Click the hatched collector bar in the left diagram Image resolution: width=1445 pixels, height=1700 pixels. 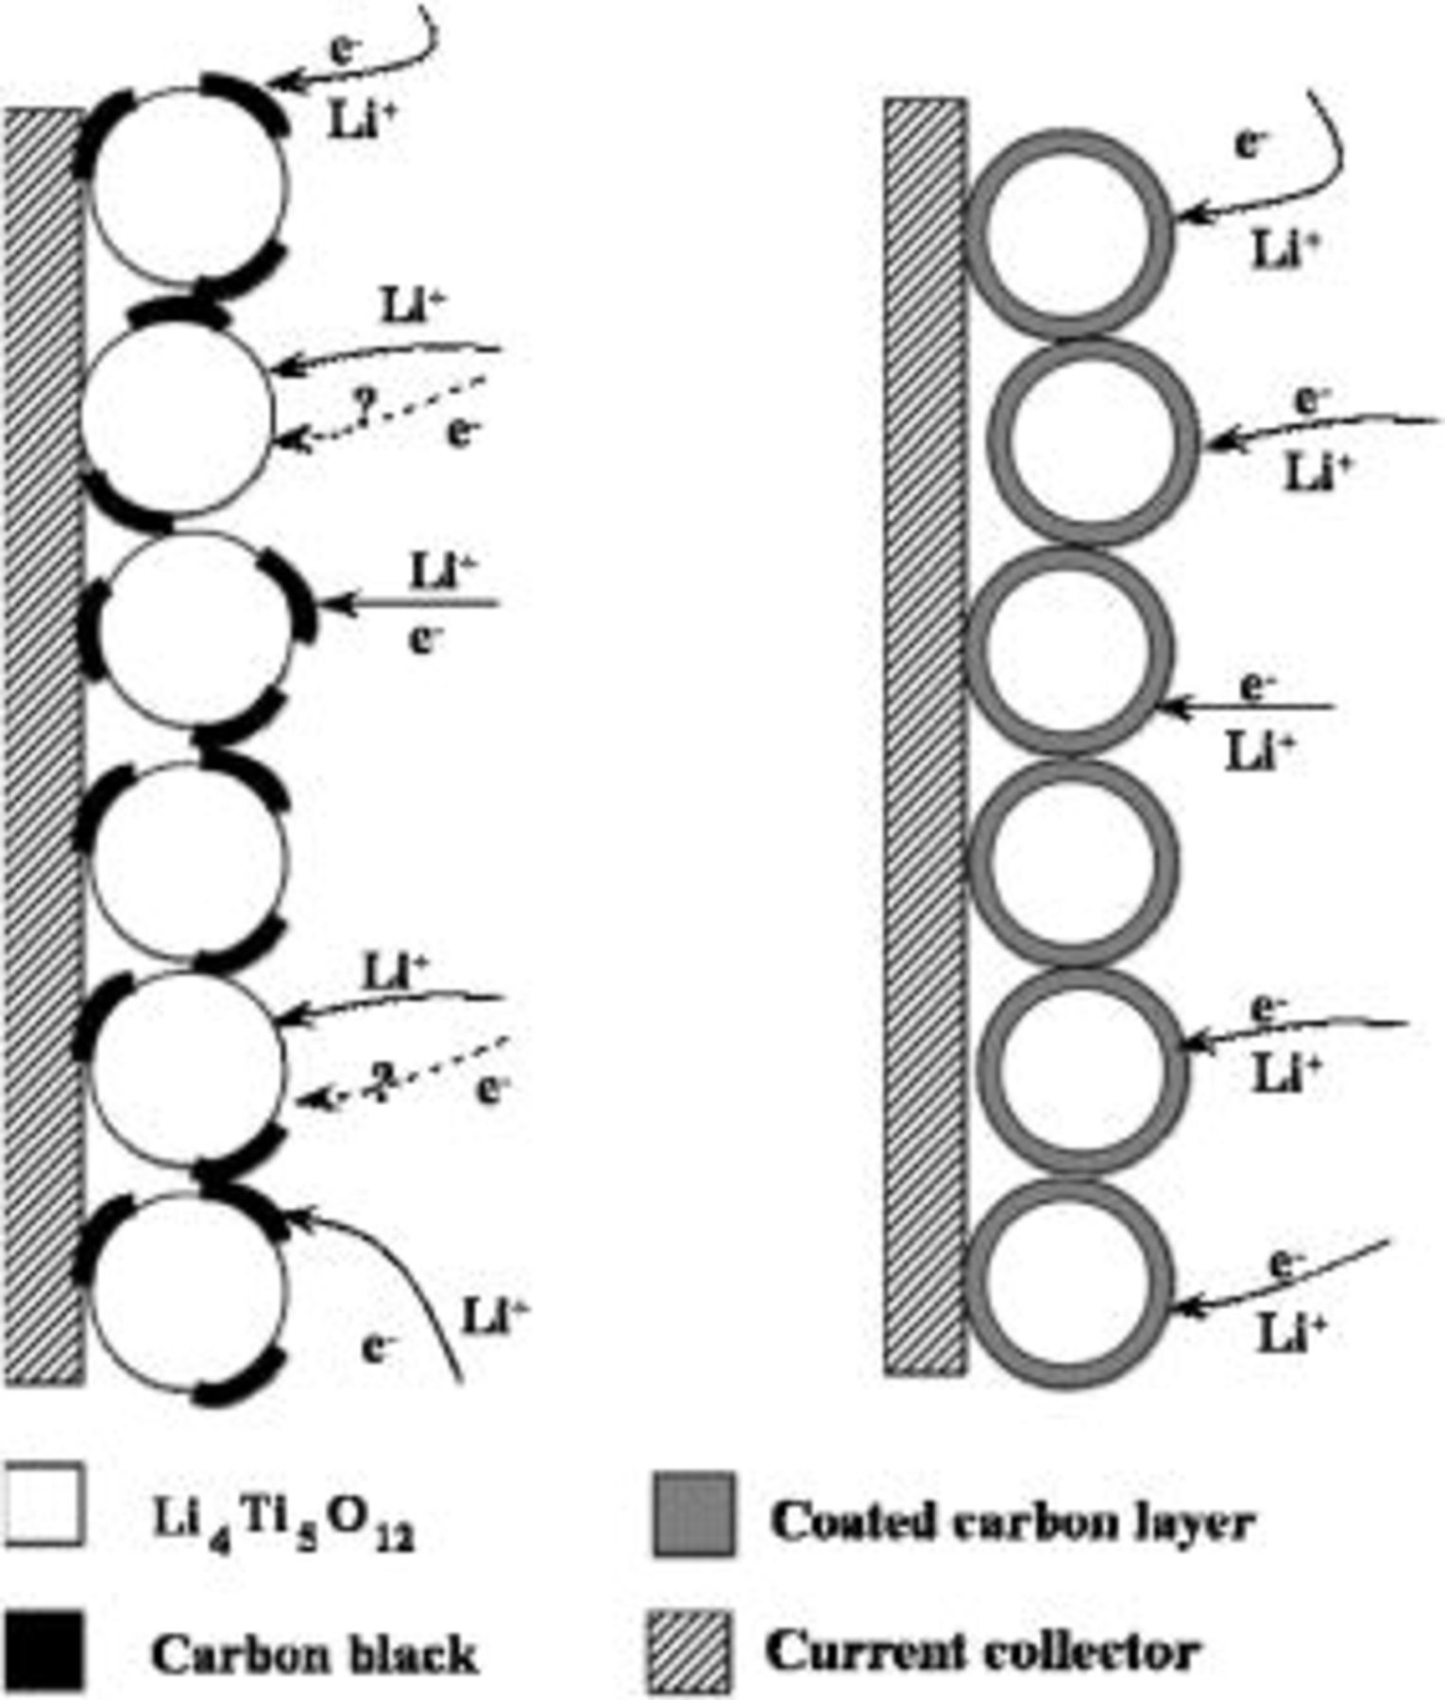point(43,746)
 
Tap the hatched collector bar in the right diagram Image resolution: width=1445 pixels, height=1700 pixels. point(926,737)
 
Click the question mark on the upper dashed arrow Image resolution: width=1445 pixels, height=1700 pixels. point(362,406)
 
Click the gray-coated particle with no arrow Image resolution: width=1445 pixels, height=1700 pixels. point(1075,862)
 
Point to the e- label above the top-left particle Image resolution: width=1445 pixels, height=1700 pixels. point(346,49)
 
